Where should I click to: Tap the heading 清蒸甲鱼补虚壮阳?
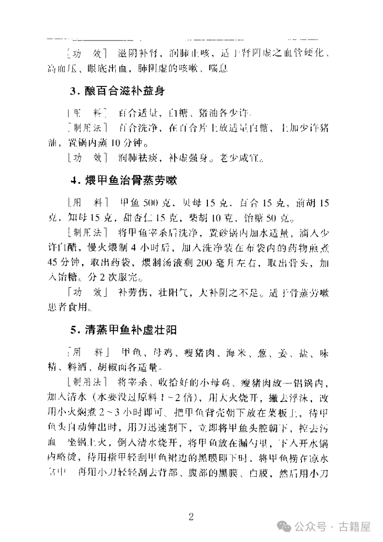pyautogui.click(x=130, y=330)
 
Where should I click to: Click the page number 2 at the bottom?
pyautogui.click(x=191, y=517)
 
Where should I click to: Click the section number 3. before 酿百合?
pyautogui.click(x=74, y=92)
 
